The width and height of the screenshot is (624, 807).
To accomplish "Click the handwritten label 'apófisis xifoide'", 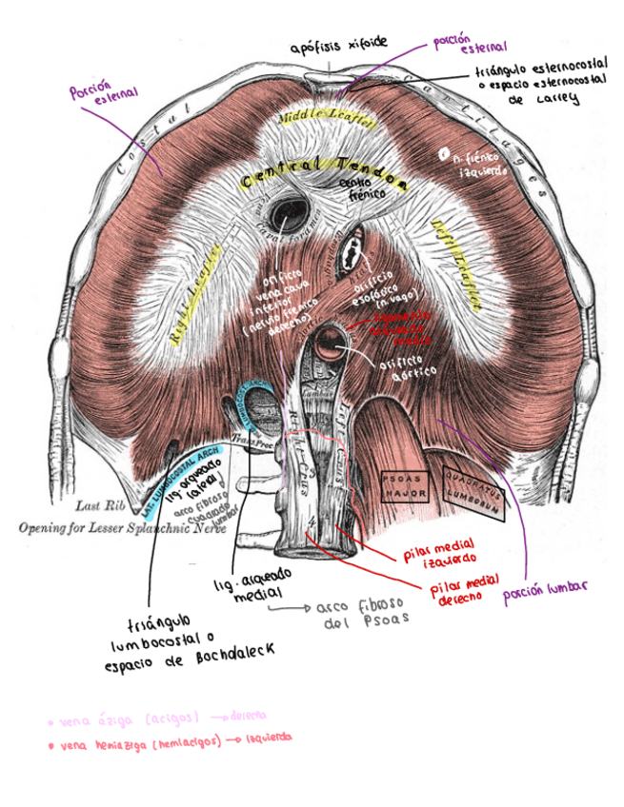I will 339,45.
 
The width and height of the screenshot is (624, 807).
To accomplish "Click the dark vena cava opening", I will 286,209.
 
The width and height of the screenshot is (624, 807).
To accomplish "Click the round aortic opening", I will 333,340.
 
